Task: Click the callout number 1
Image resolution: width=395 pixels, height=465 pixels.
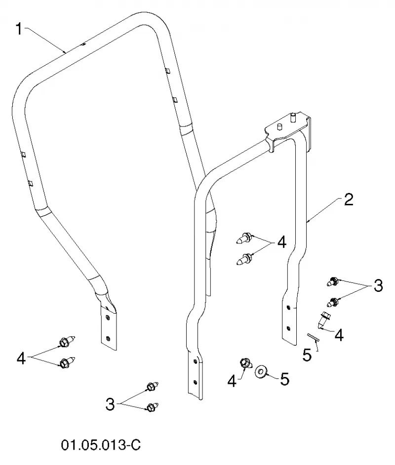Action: point(19,29)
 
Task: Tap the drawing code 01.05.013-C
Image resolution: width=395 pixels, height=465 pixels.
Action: point(101,445)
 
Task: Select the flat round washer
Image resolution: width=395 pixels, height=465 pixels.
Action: point(261,372)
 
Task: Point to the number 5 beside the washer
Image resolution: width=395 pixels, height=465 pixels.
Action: point(284,379)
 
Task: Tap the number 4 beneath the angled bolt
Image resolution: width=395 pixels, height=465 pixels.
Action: point(339,335)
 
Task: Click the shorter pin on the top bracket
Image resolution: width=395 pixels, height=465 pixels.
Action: point(279,127)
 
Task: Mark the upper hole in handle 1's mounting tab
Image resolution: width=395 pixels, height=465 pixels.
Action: point(108,318)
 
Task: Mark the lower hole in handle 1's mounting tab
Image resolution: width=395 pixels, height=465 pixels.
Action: point(108,338)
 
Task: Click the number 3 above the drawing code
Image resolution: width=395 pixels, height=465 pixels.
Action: point(110,404)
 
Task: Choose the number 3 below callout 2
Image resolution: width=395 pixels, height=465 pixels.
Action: point(378,285)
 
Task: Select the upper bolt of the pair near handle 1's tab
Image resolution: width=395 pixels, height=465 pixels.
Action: point(67,342)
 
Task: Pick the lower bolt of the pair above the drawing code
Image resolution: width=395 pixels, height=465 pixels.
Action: point(153,407)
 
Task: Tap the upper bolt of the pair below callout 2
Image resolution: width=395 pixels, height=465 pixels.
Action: point(332,281)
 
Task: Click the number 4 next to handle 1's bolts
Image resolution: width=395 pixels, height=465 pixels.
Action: point(21,358)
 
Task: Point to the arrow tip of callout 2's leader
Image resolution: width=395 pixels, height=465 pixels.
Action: point(307,221)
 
